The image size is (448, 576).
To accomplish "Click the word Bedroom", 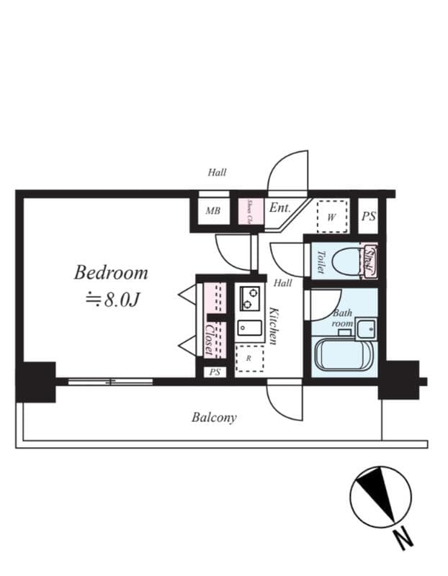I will (x=111, y=273).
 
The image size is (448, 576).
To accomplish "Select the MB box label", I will (x=212, y=211).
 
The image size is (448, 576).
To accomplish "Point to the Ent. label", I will (x=279, y=208).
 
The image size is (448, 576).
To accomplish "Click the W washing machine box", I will (x=332, y=216).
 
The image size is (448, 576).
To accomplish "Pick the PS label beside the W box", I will (x=368, y=216).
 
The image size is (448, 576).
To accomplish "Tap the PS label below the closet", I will (x=214, y=372).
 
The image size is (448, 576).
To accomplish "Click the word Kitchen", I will (x=274, y=325).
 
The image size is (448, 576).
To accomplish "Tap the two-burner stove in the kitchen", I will (x=250, y=296).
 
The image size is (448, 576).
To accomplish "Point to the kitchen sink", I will (x=249, y=328).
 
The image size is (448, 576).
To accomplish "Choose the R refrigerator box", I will (x=249, y=357).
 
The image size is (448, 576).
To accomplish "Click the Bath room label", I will (x=342, y=318).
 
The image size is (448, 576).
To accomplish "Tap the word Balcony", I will (x=214, y=417).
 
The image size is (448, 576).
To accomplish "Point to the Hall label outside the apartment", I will (x=217, y=172).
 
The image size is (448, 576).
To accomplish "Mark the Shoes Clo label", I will (x=249, y=211).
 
